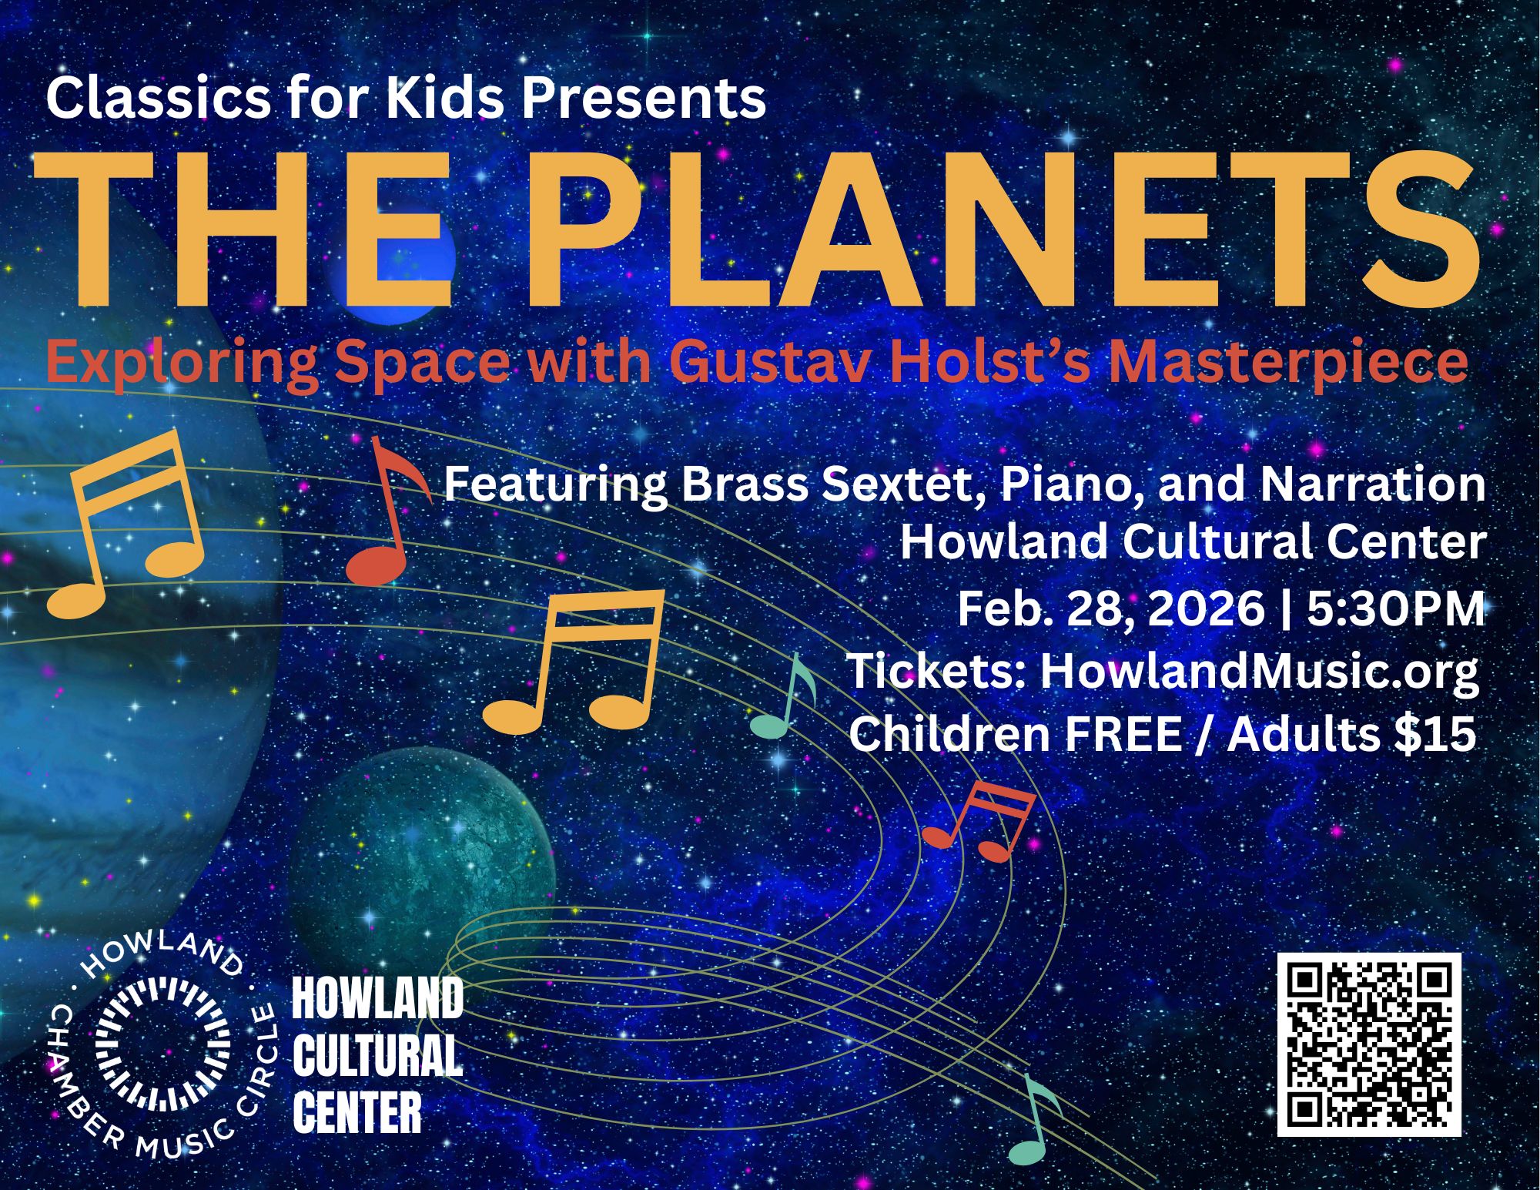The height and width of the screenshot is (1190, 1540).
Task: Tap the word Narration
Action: (x=1371, y=484)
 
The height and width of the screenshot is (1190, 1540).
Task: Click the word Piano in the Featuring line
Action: (x=1071, y=486)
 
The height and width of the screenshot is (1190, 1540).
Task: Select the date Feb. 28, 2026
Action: (x=1110, y=608)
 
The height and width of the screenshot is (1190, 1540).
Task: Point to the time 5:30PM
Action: (x=1394, y=608)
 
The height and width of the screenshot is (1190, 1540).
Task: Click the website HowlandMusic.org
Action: (x=1259, y=672)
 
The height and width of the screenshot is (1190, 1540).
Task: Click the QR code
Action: (x=1368, y=1044)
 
